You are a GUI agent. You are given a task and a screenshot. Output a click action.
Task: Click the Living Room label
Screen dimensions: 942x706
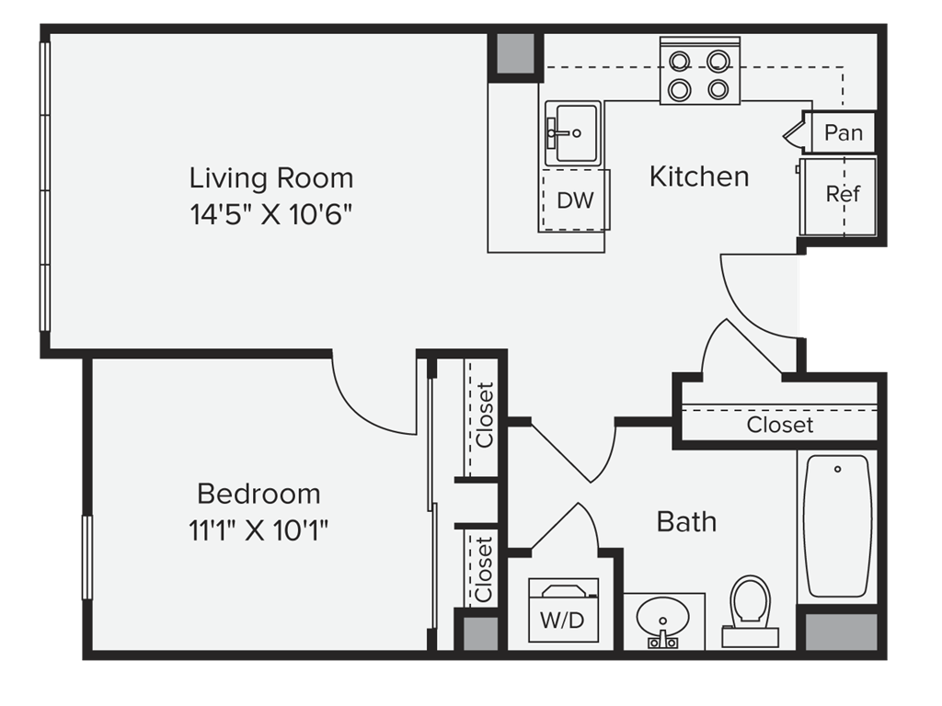tap(271, 178)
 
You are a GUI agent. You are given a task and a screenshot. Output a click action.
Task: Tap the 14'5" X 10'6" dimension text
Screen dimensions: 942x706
tap(270, 214)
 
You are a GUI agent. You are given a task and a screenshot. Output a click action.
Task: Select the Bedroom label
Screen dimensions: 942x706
tap(258, 494)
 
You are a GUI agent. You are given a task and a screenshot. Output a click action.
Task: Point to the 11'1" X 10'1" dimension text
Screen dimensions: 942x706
tap(258, 530)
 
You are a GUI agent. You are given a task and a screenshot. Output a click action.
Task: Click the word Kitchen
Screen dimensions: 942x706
tap(699, 177)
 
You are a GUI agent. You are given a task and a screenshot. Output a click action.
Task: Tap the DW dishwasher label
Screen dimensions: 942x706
tap(575, 200)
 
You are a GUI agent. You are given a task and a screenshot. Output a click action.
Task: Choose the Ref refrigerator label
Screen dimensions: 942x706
tap(843, 194)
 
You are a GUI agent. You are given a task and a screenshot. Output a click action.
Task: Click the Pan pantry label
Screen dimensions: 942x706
tap(844, 132)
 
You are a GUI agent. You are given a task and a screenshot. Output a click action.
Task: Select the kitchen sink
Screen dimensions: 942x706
tap(572, 133)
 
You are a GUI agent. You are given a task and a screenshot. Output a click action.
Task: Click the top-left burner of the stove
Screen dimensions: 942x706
tap(680, 62)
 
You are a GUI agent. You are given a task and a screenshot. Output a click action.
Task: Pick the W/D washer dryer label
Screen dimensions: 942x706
tap(562, 621)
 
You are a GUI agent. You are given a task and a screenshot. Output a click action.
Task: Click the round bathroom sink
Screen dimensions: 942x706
tap(663, 621)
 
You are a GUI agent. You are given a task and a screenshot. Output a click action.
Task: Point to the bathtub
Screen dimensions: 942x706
tap(837, 526)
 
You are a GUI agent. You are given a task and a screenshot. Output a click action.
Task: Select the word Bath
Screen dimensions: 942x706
tap(686, 522)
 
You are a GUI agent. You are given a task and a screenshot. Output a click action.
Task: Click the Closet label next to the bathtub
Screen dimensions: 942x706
tap(780, 425)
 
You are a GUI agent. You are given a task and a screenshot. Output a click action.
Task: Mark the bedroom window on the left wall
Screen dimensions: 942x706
tap(87, 557)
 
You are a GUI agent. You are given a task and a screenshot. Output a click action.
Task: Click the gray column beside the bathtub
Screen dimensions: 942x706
tap(841, 632)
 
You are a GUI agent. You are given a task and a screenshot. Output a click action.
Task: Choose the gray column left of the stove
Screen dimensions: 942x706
tap(515, 54)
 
